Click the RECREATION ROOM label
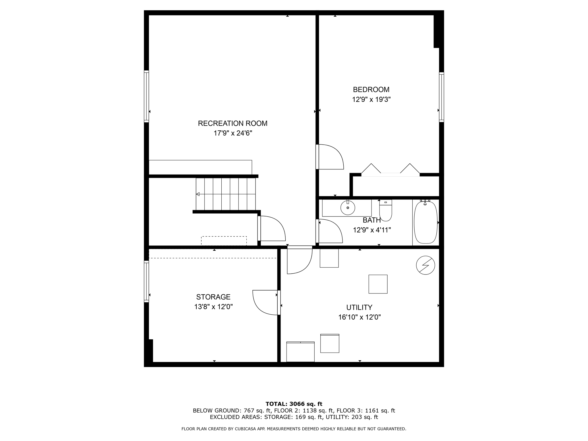(x=233, y=123)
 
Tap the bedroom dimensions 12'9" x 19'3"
(x=371, y=100)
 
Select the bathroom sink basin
(x=348, y=208)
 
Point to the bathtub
(x=425, y=223)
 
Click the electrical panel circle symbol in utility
(x=425, y=265)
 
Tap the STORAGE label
(x=213, y=297)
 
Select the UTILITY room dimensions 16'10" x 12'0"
(x=359, y=317)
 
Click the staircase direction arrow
(x=198, y=194)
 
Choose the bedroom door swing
(x=330, y=157)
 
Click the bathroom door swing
(x=330, y=231)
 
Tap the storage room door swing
(x=265, y=302)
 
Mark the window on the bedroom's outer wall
(x=441, y=97)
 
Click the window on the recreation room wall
(x=146, y=96)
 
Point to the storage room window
(x=146, y=281)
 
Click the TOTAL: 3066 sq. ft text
(x=294, y=404)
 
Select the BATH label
(x=372, y=220)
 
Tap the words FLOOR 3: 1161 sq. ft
(x=366, y=411)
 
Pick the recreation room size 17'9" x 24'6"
(x=233, y=133)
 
